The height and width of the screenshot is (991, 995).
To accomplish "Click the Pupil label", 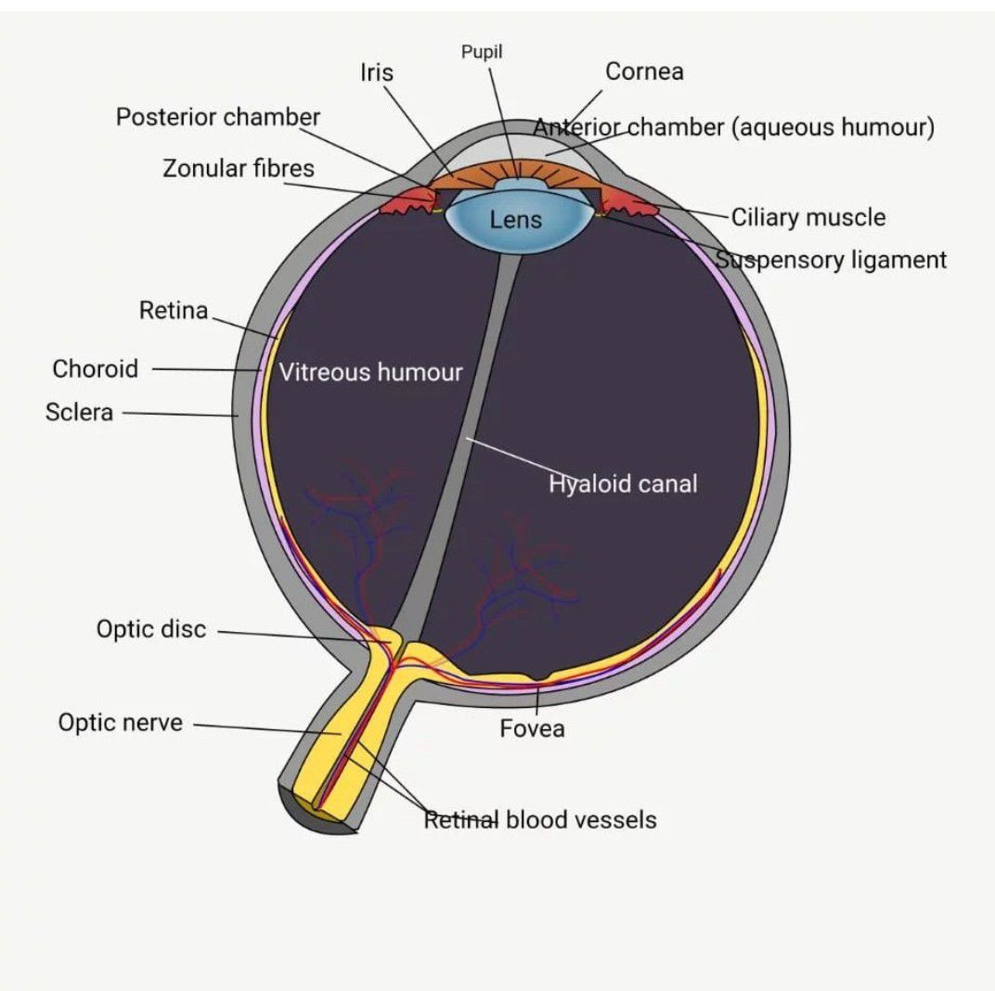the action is click(482, 52).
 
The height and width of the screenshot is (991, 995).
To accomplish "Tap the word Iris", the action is click(376, 72).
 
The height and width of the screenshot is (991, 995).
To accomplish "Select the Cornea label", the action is click(644, 71).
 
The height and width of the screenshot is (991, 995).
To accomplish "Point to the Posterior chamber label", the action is click(217, 117).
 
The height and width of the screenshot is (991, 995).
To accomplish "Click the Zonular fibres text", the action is click(239, 168).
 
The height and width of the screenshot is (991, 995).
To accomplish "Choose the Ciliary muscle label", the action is click(808, 217).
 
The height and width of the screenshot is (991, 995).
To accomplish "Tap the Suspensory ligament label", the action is click(832, 260).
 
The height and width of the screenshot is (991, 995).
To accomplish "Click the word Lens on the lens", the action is click(516, 220).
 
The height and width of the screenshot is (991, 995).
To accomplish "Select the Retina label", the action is click(174, 310).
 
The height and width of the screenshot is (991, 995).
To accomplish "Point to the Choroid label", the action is click(96, 368).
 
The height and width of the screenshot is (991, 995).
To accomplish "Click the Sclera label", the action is click(79, 412).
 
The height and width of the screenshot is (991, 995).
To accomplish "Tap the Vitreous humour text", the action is click(370, 372).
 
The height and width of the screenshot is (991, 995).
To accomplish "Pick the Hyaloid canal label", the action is click(623, 484).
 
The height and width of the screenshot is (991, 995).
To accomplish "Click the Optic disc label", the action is click(151, 629).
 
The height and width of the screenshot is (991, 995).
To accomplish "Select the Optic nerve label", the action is click(121, 722).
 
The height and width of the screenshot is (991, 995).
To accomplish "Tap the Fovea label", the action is click(532, 728).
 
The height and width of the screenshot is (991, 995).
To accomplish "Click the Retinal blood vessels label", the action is click(540, 819).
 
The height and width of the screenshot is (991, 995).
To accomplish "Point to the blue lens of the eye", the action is click(515, 219).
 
